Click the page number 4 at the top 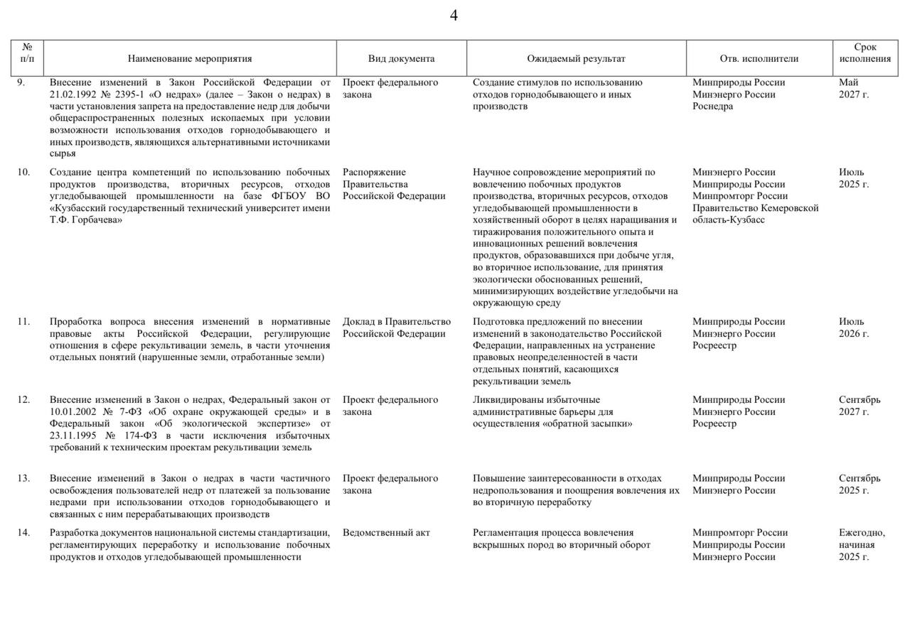pos(454,16)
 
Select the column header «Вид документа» pos(401,59)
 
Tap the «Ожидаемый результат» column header pos(576,59)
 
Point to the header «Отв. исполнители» pos(759,59)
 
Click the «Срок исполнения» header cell pos(865,53)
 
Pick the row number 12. pos(23,400)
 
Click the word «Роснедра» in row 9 pos(712,107)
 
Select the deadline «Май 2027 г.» pos(853,88)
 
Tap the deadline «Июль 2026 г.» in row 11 pos(853,328)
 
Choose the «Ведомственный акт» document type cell pos(386,533)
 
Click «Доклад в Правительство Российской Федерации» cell pos(396,328)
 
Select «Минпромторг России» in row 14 pos(740,533)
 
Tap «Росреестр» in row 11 pos(714,346)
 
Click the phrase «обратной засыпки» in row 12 pos(592,424)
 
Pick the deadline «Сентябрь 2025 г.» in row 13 pos(859,485)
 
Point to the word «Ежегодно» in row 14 pos(861,533)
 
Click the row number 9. pos(21,82)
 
